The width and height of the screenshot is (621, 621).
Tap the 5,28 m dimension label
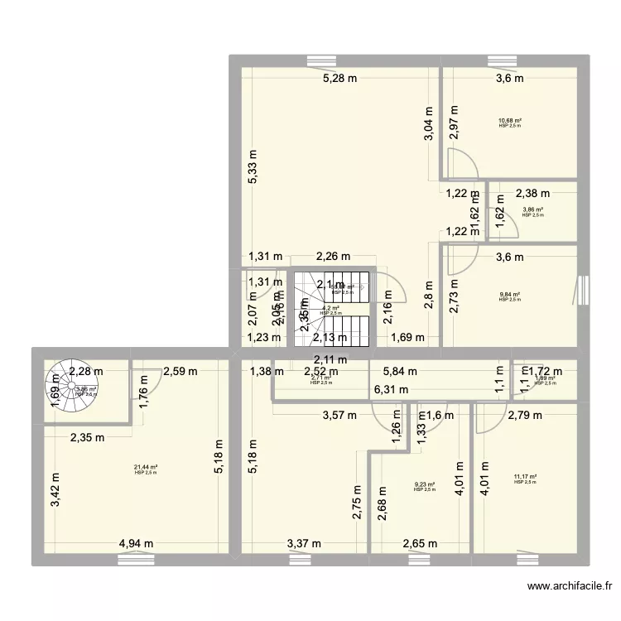click(x=339, y=79)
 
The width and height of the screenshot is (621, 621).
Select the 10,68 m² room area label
click(x=510, y=120)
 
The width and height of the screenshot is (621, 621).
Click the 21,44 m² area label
click(x=146, y=468)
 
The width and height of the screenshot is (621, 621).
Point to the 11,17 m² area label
click(x=525, y=477)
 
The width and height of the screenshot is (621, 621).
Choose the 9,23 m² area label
click(x=424, y=485)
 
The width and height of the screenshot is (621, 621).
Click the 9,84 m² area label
click(x=510, y=295)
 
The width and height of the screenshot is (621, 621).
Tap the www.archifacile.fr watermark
click(x=570, y=587)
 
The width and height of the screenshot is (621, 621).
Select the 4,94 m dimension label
click(x=136, y=544)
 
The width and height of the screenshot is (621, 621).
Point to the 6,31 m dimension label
click(x=391, y=389)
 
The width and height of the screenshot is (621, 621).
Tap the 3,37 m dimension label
click(x=304, y=544)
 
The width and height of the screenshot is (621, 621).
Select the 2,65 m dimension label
click(x=420, y=544)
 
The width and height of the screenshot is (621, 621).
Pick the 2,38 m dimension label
click(x=532, y=194)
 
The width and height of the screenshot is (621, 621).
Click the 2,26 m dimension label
click(x=333, y=257)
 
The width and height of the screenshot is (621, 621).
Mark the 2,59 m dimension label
click(x=180, y=372)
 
